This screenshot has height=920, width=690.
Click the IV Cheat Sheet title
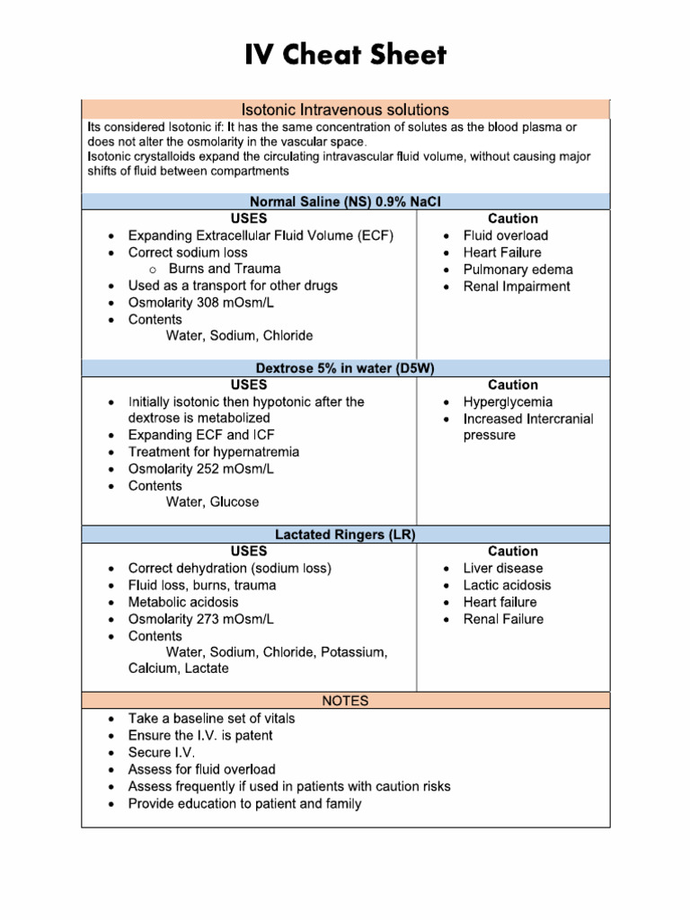click(x=345, y=56)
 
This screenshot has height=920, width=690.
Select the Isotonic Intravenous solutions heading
click(x=346, y=110)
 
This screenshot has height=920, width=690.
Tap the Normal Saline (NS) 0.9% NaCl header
click(x=346, y=201)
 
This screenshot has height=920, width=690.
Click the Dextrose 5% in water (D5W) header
click(x=346, y=367)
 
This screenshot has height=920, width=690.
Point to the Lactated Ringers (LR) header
click(x=346, y=534)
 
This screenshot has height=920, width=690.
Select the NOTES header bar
click(x=346, y=700)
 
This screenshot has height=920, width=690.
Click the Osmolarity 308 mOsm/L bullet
click(x=201, y=303)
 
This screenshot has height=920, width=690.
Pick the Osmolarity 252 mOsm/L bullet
click(x=201, y=469)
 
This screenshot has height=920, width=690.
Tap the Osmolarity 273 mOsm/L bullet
click(x=201, y=619)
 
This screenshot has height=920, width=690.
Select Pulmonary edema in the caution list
click(x=517, y=270)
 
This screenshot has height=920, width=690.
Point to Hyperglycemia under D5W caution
click(x=508, y=402)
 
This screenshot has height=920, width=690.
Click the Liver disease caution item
click(x=503, y=568)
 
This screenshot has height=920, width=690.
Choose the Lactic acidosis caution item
click(x=507, y=585)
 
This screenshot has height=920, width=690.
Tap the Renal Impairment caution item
click(x=517, y=287)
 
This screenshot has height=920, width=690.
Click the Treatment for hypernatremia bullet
click(x=214, y=452)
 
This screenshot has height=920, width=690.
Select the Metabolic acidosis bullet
click(x=183, y=602)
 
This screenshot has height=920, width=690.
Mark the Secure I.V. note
click(x=162, y=752)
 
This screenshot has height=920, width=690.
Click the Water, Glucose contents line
click(x=212, y=502)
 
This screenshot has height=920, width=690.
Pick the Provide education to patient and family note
click(x=244, y=803)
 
